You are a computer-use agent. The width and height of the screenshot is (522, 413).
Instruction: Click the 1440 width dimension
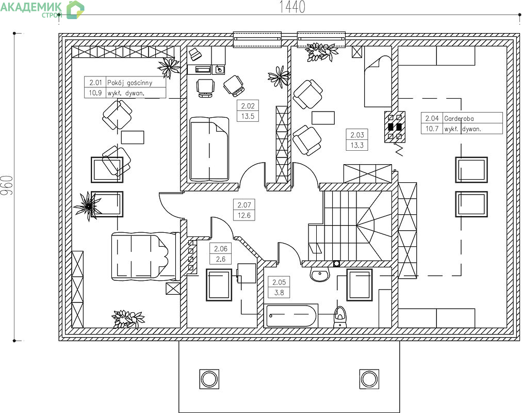click(x=291, y=7)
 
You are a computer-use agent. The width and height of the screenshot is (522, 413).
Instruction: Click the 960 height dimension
click(x=7, y=185)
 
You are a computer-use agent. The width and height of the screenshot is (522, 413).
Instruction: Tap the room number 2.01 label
click(x=95, y=83)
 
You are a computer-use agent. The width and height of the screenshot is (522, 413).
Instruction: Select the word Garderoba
click(x=459, y=119)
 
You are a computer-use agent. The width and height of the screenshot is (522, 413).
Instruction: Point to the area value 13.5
click(x=248, y=116)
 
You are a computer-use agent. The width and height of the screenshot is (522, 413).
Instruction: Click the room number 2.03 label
click(x=357, y=135)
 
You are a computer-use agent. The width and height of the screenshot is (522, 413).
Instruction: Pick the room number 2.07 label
click(x=244, y=205)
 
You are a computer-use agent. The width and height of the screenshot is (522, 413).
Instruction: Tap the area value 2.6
click(x=220, y=259)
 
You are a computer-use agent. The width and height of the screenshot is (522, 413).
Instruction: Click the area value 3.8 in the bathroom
click(x=279, y=293)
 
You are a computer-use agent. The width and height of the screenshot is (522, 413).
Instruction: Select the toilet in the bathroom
click(x=339, y=317)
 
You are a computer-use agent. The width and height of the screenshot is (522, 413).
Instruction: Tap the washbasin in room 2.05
click(x=320, y=275)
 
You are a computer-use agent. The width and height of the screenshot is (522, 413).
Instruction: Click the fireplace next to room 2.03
click(x=395, y=127)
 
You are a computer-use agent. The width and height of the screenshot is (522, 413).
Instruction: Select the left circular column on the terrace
click(x=209, y=379)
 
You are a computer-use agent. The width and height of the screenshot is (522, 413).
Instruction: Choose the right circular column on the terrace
click(x=369, y=379)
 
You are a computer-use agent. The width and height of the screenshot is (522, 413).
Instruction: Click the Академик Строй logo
click(x=42, y=10)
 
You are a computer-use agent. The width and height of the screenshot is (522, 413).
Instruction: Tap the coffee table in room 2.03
click(x=323, y=118)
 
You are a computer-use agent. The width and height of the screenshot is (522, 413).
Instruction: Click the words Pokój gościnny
click(x=129, y=83)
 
